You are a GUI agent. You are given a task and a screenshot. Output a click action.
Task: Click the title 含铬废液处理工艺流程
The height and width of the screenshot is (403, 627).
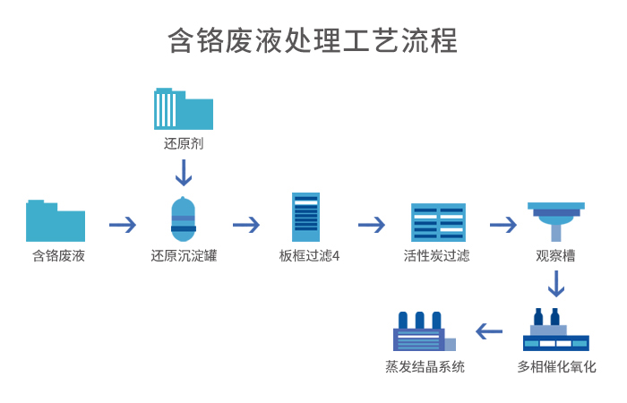[313, 41]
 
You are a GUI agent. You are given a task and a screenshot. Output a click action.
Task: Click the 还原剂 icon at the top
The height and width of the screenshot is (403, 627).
[183, 109]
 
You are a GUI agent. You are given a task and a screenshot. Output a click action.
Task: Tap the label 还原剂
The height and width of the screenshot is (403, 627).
[183, 143]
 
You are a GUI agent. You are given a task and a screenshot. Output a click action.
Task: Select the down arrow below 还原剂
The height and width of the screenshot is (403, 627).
[183, 172]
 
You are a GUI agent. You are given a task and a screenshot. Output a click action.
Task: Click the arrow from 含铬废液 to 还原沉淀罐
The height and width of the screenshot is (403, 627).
[123, 224]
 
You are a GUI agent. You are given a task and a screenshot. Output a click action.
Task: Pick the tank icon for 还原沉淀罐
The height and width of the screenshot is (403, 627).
[183, 219]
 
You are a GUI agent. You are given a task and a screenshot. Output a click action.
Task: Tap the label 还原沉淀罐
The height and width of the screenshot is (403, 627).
[183, 256]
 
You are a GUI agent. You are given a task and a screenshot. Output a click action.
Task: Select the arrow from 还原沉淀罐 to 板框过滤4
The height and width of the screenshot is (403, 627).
[246, 224]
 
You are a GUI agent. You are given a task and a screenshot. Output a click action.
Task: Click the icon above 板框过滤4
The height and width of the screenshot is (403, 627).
[305, 217]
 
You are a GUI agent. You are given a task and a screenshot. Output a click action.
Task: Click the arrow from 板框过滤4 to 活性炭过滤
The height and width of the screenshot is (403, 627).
[371, 224]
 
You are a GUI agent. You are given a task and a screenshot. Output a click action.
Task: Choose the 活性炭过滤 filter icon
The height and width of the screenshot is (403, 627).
[438, 222]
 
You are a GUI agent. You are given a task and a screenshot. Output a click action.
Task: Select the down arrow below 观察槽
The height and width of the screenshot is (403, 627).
[556, 283]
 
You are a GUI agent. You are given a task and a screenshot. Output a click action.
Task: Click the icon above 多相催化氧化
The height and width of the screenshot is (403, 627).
[555, 330]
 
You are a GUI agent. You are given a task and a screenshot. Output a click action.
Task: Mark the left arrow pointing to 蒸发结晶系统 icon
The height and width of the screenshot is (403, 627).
[489, 331]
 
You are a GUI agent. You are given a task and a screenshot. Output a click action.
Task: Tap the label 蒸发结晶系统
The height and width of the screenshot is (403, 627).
[425, 367]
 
